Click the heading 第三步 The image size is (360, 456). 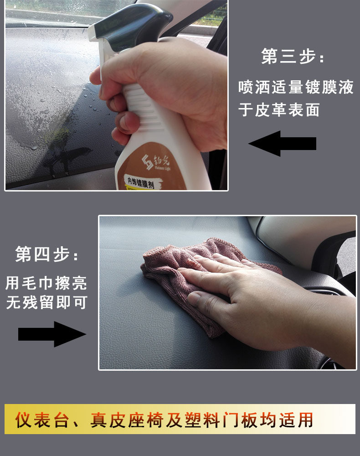[x=292, y=57]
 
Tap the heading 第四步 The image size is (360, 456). [x=46, y=254]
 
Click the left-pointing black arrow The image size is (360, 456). [x=283, y=143]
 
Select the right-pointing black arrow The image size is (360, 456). [x=52, y=334]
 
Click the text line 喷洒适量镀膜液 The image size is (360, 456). [x=296, y=87]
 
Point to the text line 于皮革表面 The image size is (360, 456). [x=279, y=110]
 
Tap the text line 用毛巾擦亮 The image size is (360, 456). [x=46, y=283]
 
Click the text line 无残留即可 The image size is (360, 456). [x=46, y=302]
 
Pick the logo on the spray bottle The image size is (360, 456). [x=156, y=162]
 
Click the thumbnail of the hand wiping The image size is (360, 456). [x=227, y=293]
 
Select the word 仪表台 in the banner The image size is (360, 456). [x=42, y=420]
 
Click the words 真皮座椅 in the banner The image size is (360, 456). [x=127, y=420]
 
